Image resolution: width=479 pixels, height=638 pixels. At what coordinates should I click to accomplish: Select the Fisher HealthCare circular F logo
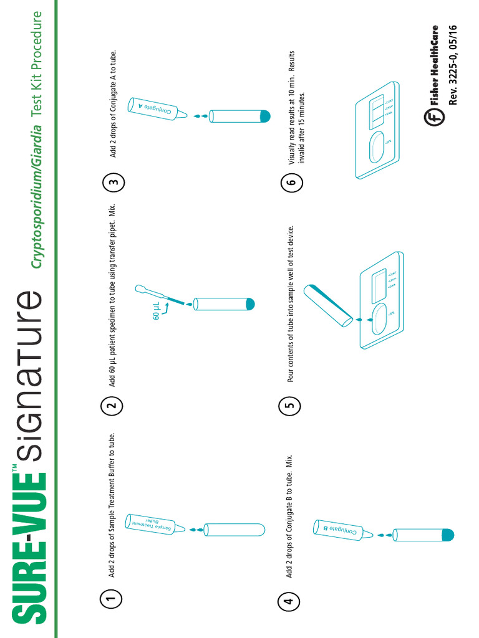tap(433, 117)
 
